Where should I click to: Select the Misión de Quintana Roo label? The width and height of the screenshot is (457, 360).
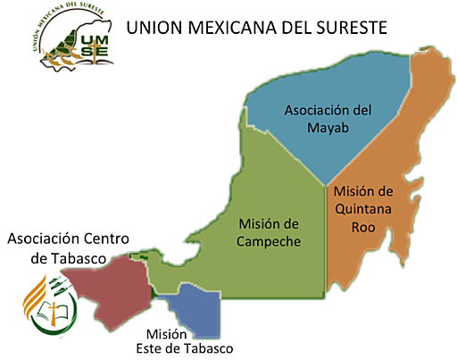pyautogui.click(x=362, y=208)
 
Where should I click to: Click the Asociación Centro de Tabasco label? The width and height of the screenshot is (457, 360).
pyautogui.click(x=68, y=248)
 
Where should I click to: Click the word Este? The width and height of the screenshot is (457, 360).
pyautogui.click(x=149, y=347)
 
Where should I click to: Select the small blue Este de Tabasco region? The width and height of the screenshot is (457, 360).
pyautogui.click(x=198, y=309)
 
